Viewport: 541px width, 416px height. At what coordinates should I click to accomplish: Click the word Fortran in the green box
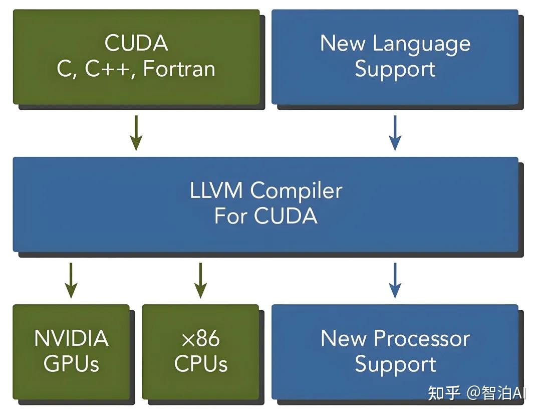tap(179, 69)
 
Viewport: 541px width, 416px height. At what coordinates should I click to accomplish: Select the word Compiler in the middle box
tap(297, 190)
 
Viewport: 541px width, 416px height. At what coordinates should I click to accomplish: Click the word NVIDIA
tap(71, 338)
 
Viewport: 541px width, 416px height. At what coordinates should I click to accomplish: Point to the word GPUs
tap(71, 364)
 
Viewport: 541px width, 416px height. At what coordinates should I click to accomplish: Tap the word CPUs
tap(201, 364)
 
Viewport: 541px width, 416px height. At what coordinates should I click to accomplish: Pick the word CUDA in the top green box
tap(136, 43)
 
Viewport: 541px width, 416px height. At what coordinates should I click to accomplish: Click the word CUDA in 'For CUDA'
tap(286, 216)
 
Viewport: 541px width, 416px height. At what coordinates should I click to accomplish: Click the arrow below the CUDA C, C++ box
tap(135, 132)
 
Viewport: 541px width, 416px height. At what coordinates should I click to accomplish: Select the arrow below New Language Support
tap(395, 132)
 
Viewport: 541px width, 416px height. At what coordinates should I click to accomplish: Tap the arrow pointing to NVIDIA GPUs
tap(71, 280)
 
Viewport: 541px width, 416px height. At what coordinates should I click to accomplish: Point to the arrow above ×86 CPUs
tap(200, 280)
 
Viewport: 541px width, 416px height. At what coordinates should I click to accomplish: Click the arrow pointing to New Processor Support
tap(395, 280)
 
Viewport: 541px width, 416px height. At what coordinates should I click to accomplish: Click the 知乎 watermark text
tap(444, 393)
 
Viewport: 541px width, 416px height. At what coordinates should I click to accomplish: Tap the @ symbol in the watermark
tap(473, 393)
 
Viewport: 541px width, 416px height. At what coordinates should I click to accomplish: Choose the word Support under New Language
tap(395, 69)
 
